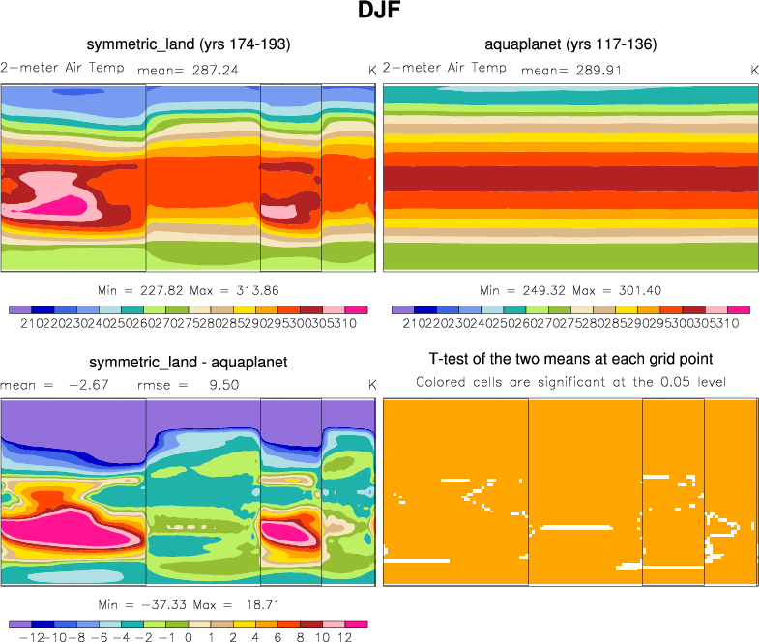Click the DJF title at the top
(379, 14)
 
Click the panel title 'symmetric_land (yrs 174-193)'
(189, 44)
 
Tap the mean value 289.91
(591, 70)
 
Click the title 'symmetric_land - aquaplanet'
(189, 363)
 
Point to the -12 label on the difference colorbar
(26, 638)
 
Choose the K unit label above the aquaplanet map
(754, 70)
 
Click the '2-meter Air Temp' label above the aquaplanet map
(444, 68)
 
